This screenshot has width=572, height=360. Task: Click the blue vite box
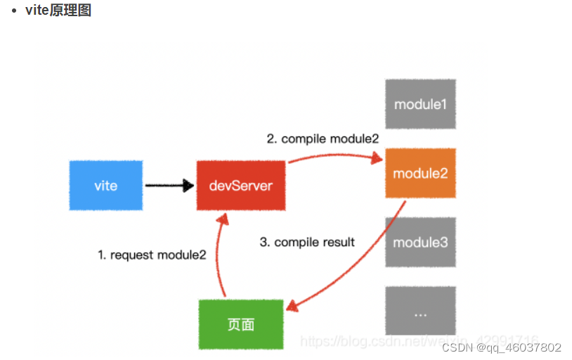tap(106, 186)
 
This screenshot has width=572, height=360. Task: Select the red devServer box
tap(241, 186)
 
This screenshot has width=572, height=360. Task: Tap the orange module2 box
tap(420, 173)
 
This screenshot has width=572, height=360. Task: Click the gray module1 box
tap(420, 104)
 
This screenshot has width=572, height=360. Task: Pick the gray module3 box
tap(420, 242)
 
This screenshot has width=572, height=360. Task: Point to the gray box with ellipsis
tap(420, 311)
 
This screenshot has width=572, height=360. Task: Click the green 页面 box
tap(241, 324)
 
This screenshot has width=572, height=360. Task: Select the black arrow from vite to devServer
tap(169, 186)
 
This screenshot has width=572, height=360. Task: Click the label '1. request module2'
tap(152, 255)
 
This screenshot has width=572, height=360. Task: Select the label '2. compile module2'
tap(323, 139)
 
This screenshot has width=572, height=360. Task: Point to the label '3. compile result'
tap(307, 242)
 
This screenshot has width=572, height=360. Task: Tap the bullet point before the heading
tap(14, 11)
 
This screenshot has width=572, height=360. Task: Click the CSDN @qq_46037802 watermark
tap(501, 347)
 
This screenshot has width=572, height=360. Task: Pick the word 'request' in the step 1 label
tap(132, 255)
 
